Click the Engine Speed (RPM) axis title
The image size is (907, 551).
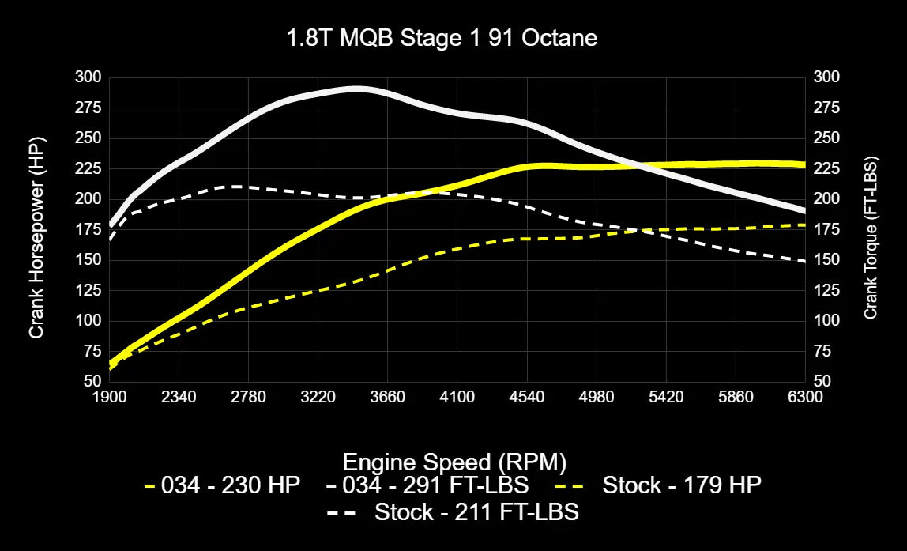tap(454, 461)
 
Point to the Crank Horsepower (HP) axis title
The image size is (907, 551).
tap(36, 229)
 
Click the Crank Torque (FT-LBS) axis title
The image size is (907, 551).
tap(871, 229)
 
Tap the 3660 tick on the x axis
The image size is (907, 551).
tap(387, 397)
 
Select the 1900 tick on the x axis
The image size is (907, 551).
tap(109, 397)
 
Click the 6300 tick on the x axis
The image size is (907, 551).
tap(805, 397)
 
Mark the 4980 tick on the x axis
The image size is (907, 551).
tap(597, 397)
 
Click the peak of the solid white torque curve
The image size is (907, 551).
tap(357, 89)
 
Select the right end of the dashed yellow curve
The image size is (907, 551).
tap(804, 225)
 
